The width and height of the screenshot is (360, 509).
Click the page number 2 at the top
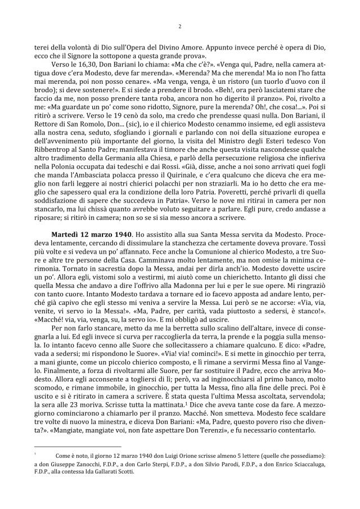(x=179, y=25)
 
